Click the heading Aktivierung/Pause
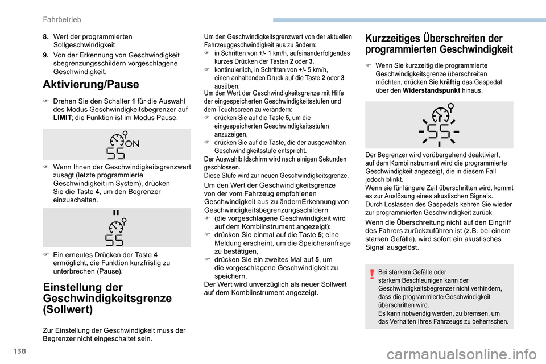pyautogui.click(x=90, y=85)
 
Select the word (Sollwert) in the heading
pyautogui.click(x=67, y=310)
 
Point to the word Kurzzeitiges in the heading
pyautogui.click(x=394, y=38)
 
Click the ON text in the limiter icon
pyautogui.click(x=132, y=143)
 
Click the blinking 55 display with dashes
pyautogui.click(x=439, y=131)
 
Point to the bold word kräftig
pyautogui.click(x=451, y=82)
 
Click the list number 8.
pyautogui.click(x=45, y=36)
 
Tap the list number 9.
pyautogui.click(x=45, y=55)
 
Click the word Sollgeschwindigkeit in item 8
pyautogui.click(x=84, y=44)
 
